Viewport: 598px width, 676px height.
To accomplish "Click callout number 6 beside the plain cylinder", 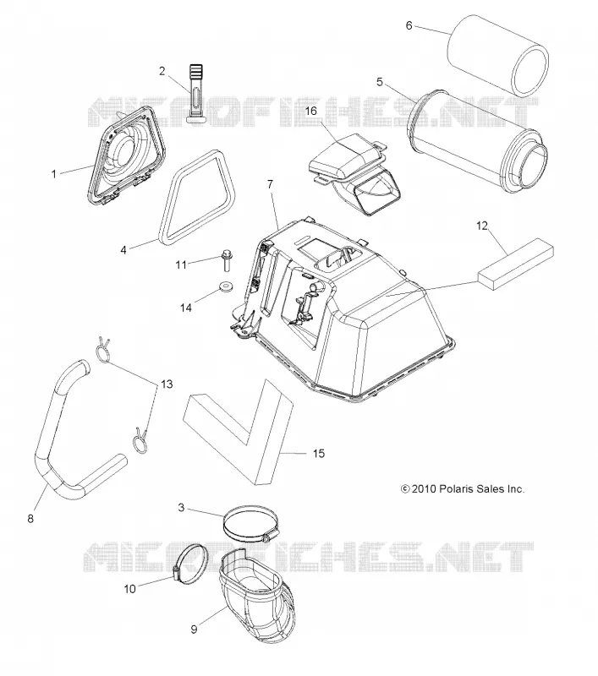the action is point(409,25).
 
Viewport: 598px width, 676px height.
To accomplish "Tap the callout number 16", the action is point(310,111).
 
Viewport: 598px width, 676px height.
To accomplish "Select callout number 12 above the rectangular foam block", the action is point(482,225).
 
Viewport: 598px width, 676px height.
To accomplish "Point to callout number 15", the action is point(318,454).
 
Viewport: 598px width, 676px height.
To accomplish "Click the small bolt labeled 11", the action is point(226,260).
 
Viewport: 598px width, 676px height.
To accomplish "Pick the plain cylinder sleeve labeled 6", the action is point(497,56).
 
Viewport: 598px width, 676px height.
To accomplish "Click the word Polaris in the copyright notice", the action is point(454,489).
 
